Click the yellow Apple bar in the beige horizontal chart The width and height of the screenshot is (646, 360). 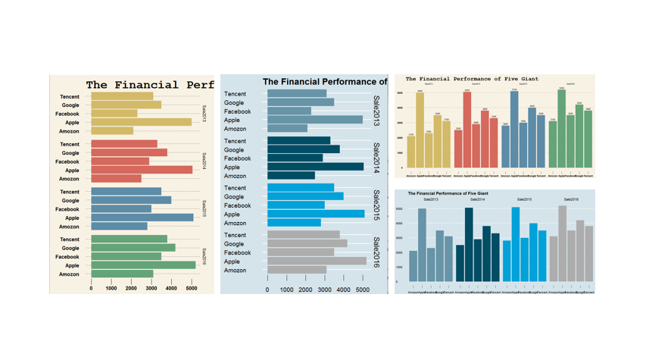point(141,122)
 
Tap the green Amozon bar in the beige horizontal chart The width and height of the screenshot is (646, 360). point(122,274)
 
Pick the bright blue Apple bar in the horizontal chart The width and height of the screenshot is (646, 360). point(316,214)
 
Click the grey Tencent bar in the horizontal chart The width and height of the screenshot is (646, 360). point(303,235)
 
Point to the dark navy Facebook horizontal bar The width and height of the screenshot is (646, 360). point(295,158)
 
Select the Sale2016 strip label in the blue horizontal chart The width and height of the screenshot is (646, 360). point(376,252)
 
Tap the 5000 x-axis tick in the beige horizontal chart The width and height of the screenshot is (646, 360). point(191,288)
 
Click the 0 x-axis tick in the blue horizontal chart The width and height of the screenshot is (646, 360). point(267,290)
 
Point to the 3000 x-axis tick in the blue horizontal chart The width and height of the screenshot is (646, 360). point(324,290)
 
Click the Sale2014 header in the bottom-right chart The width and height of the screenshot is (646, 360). point(477,199)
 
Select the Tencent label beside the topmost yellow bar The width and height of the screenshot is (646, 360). point(70,97)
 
